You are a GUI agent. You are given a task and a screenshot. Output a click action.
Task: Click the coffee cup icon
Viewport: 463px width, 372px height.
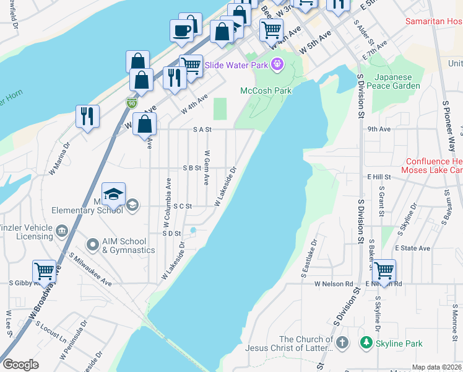click(x=182, y=30)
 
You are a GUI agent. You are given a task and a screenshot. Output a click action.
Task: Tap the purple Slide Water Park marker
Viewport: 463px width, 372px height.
click(x=276, y=63)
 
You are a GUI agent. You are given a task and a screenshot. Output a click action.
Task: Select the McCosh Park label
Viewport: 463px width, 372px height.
click(x=266, y=91)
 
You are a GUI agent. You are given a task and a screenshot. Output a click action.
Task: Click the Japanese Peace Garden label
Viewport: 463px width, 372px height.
click(x=393, y=81)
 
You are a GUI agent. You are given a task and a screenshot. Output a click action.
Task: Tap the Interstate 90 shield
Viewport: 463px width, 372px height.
click(x=132, y=103)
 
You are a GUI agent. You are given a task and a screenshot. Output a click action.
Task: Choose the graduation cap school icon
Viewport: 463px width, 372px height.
click(x=113, y=195)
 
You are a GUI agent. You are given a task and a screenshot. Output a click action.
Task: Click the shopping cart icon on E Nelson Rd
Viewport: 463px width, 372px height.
click(x=384, y=270)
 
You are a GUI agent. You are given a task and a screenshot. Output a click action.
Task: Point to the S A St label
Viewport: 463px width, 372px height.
click(x=202, y=130)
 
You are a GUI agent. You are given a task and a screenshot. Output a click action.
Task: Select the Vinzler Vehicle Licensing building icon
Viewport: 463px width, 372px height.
click(x=61, y=232)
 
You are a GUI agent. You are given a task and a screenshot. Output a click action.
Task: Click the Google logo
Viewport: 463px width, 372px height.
click(x=20, y=365)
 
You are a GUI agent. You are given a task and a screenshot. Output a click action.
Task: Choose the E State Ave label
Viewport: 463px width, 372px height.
click(x=412, y=248)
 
